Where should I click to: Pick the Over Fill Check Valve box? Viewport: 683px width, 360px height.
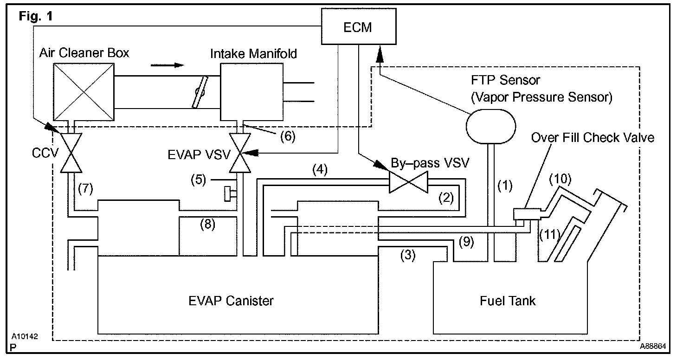point(527,214)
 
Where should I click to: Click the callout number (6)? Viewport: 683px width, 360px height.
point(288,136)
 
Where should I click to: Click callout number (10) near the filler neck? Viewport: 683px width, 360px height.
point(560,179)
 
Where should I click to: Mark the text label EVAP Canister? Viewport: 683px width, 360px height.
point(231,301)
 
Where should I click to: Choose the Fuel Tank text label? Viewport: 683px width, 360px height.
point(508,301)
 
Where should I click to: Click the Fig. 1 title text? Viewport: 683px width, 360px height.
point(36,16)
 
